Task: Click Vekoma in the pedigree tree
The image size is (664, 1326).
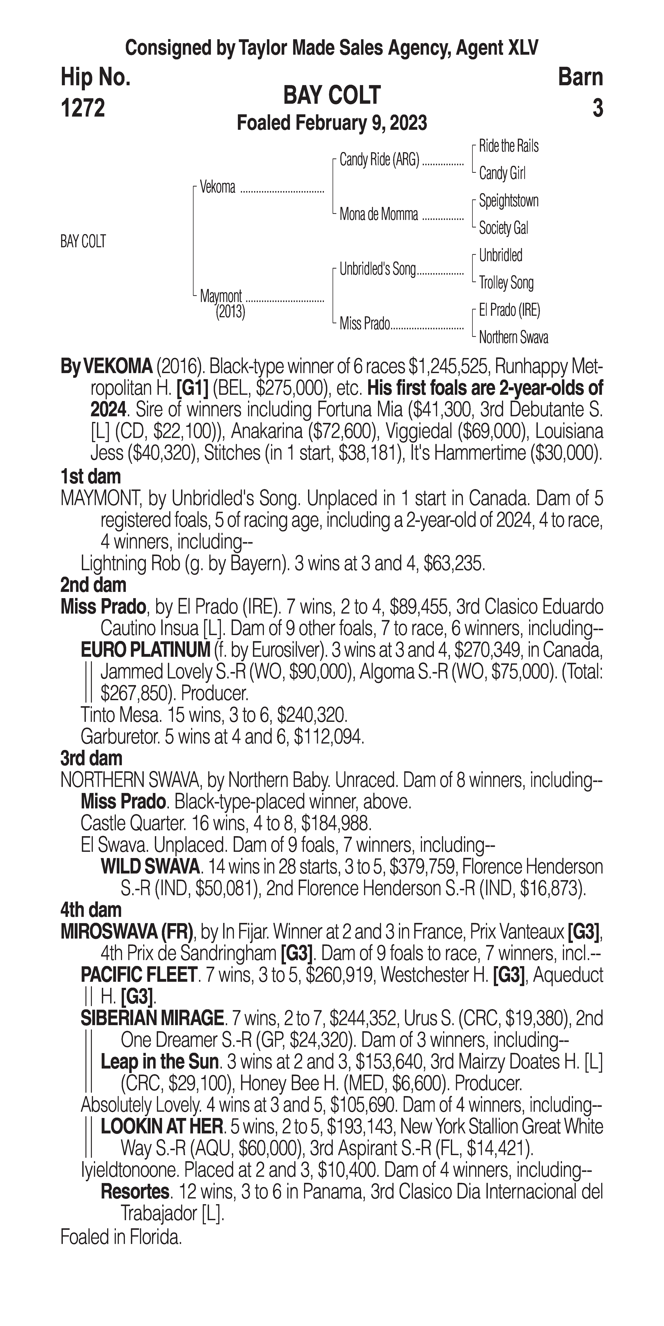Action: point(217,187)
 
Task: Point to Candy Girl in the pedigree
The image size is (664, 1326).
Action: point(502,174)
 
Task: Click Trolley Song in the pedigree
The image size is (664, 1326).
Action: point(506,283)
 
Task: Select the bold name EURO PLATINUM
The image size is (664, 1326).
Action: point(145,650)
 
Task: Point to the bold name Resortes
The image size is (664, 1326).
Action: point(135,1192)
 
